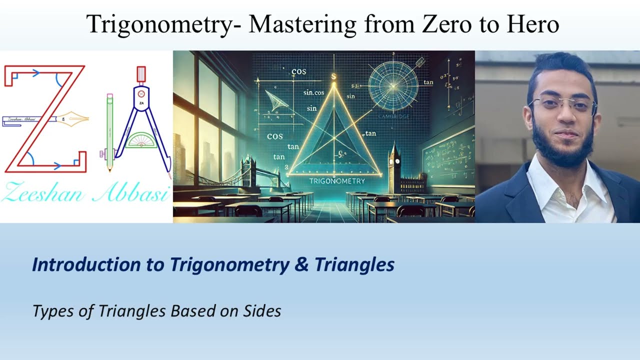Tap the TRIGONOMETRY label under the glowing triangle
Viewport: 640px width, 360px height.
337,181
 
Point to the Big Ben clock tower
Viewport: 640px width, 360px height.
395,165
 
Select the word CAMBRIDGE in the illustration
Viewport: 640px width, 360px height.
394,116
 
